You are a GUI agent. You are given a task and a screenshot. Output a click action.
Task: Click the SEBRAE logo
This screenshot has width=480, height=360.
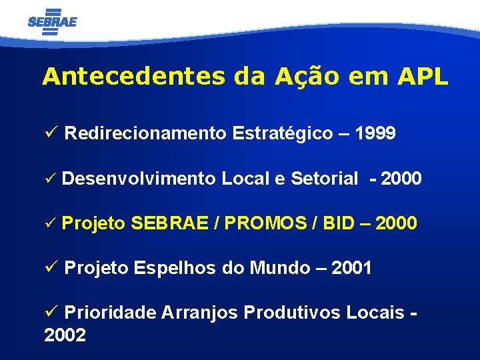coord(53,21)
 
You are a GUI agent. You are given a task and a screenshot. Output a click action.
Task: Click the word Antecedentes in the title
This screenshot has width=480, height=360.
coord(133,77)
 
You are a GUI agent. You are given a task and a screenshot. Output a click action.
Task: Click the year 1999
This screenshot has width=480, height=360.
coord(375,133)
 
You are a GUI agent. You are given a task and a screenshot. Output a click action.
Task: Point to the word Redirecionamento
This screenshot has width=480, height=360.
coord(145,133)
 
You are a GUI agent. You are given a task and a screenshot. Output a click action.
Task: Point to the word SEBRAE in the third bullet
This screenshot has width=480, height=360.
coord(172,223)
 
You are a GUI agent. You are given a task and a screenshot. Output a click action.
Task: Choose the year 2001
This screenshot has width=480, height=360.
coord(351,268)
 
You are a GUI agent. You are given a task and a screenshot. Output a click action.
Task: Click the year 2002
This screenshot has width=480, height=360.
coord(65,335)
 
